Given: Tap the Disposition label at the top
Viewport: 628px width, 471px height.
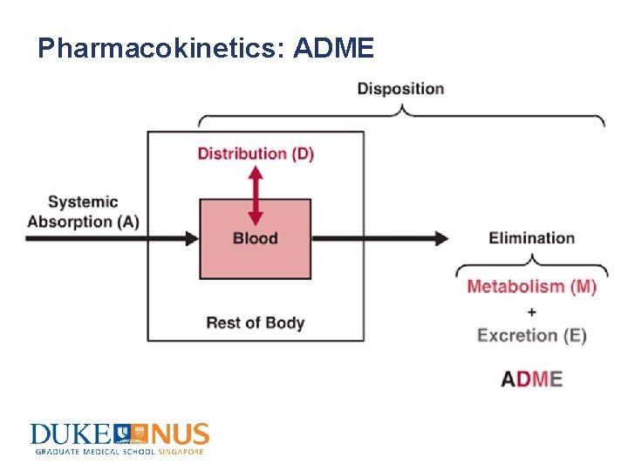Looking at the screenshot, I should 400,89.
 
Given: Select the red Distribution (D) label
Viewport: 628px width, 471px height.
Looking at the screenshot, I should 256,154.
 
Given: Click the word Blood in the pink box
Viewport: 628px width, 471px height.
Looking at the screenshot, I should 256,238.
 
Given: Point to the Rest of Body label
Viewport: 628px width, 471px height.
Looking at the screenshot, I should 256,323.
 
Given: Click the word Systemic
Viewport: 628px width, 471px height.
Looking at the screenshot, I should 83,201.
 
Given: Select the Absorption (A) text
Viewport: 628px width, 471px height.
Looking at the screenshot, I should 83,222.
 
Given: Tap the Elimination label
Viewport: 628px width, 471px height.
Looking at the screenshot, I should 531,238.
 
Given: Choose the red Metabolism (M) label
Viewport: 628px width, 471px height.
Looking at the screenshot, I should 532,286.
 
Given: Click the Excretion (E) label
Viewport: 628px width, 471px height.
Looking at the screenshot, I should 532,335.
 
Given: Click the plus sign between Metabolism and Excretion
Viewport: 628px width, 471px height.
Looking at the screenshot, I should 532,311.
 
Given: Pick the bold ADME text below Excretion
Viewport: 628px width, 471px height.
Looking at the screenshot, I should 532,379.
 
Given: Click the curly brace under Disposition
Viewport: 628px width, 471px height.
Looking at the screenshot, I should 401,114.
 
